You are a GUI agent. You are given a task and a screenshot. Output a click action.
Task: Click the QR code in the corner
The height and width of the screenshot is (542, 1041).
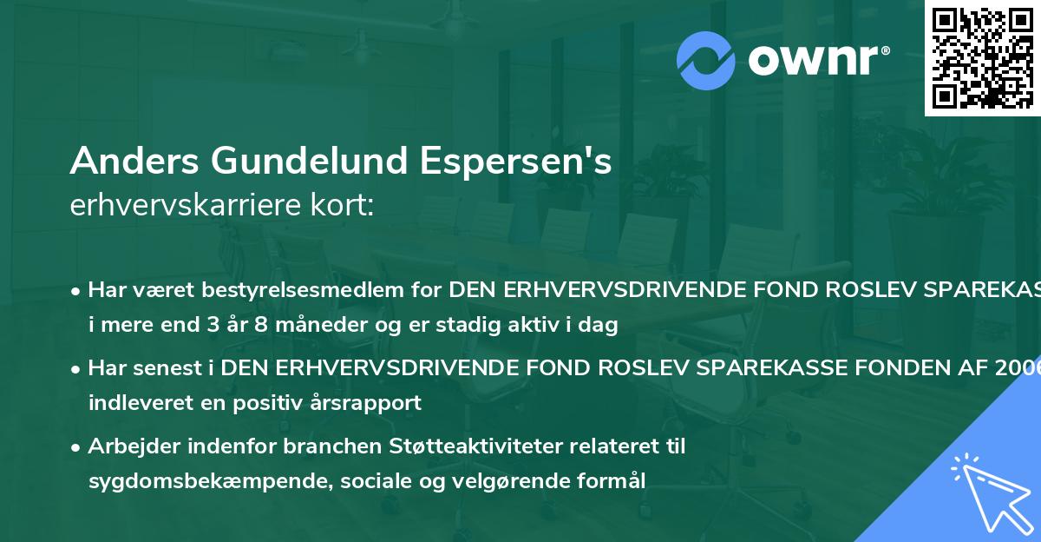click(982, 58)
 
